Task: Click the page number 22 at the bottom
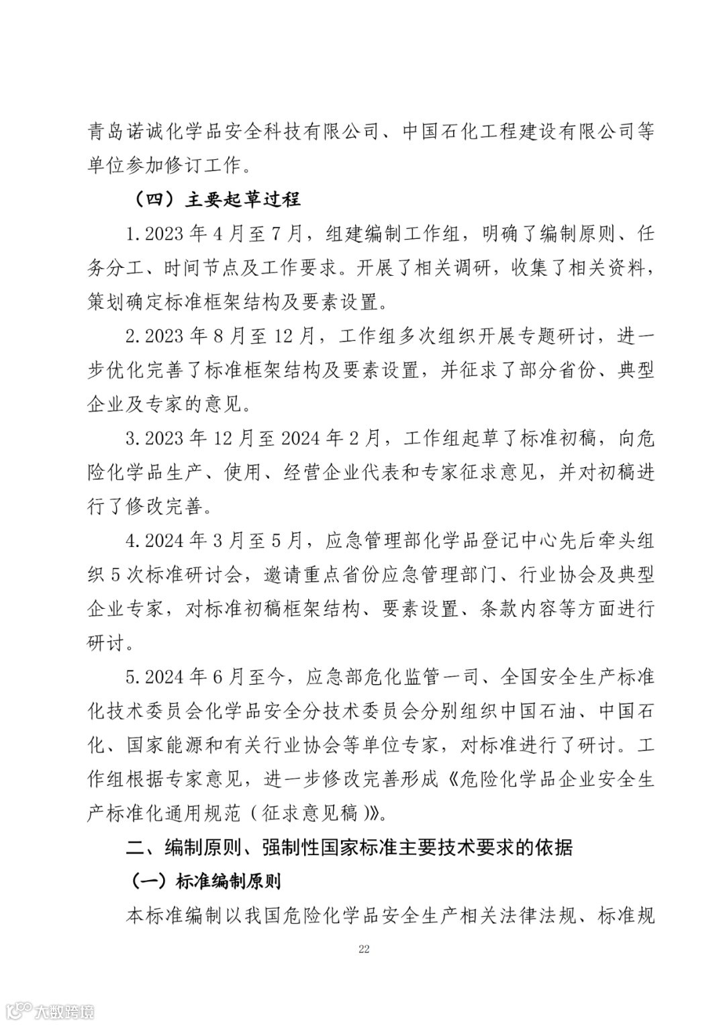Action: (364, 948)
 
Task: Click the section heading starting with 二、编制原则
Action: (349, 847)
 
